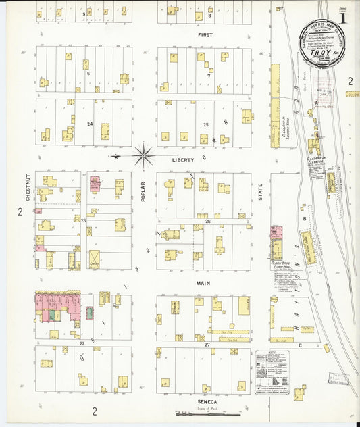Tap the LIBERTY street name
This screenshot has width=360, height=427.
(x=182, y=160)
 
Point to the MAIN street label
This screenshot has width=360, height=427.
(x=203, y=284)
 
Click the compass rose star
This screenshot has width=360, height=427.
(x=143, y=157)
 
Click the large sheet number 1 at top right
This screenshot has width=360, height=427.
(x=344, y=18)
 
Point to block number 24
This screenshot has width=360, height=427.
(x=89, y=124)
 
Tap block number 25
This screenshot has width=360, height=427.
(x=206, y=124)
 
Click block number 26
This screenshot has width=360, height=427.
(x=208, y=221)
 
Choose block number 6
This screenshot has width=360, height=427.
(x=88, y=73)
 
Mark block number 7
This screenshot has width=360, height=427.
(x=209, y=76)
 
